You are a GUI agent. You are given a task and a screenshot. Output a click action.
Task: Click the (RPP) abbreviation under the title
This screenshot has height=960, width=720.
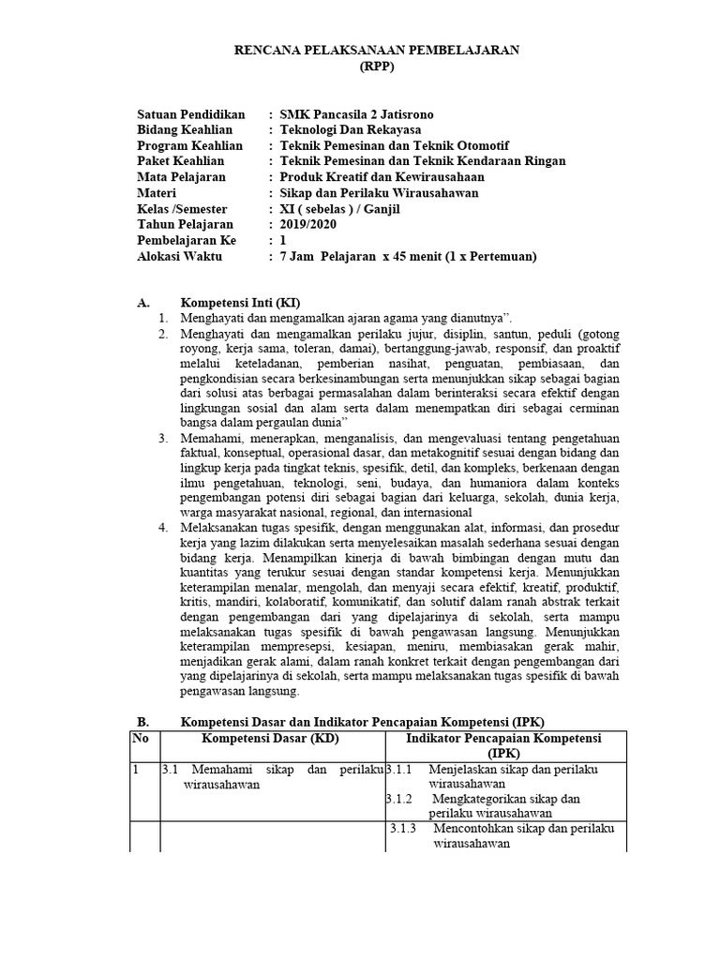click(378, 67)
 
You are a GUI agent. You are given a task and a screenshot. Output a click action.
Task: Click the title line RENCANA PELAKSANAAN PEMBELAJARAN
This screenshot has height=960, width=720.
click(378, 51)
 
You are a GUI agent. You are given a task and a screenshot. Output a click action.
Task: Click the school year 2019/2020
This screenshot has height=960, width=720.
click(307, 225)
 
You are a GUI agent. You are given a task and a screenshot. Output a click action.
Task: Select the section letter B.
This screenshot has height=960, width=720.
click(142, 722)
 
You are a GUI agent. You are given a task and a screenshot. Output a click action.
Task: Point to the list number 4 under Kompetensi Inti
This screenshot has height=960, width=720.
click(162, 528)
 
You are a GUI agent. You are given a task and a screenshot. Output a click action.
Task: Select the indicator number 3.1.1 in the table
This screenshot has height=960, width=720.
click(400, 770)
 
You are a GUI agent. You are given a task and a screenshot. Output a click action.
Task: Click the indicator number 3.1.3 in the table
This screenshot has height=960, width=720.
click(404, 829)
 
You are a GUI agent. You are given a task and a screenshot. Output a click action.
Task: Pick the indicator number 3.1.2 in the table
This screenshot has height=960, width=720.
click(400, 799)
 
